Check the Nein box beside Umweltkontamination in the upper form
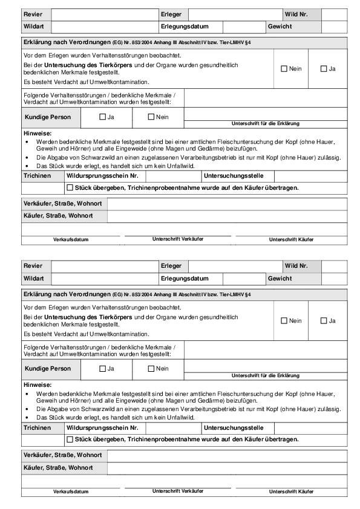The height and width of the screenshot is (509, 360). pos(284,69)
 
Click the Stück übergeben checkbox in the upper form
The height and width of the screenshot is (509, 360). pos(70,188)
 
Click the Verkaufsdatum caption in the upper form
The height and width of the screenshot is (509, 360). pos(71,239)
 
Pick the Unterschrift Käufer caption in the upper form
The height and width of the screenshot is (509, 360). pos(291,239)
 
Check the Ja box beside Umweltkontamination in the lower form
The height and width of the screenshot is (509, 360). pos(324,320)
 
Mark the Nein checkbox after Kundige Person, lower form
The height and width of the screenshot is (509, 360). pos(152,368)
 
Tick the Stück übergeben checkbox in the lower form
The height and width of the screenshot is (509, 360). pos(70,439)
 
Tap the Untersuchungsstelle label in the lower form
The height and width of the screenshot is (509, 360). pos(234,427)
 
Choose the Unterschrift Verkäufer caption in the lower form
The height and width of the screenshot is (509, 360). pos(178,490)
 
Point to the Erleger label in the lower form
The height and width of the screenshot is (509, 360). pos(171,266)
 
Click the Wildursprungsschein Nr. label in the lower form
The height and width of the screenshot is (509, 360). pos(103,427)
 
